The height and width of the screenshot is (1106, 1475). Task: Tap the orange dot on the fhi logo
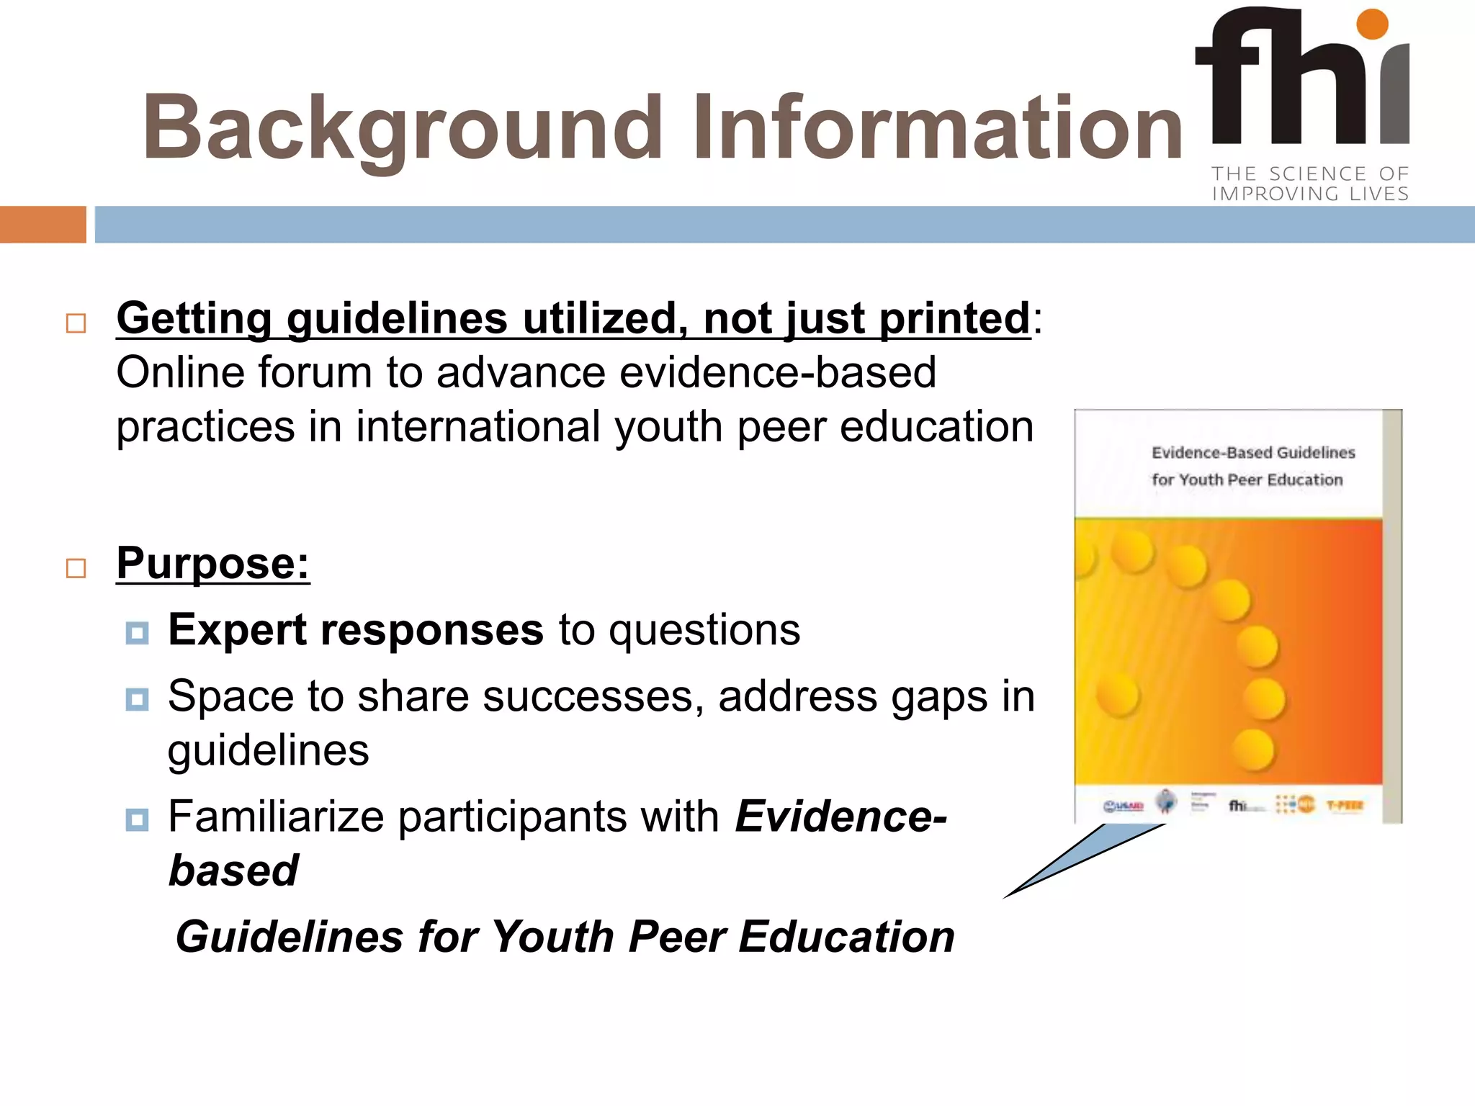pos(1371,24)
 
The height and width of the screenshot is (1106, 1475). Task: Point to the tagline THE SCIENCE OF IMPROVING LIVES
pos(1309,184)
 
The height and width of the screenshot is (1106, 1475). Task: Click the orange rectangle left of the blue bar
pos(42,225)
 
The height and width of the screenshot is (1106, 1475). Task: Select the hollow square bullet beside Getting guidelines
pos(76,323)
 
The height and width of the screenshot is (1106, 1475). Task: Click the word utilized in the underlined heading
pos(604,318)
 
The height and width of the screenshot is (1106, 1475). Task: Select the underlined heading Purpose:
pos(213,563)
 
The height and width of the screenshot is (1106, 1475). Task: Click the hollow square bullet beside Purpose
pos(76,568)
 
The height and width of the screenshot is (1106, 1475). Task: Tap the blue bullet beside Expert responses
pos(137,633)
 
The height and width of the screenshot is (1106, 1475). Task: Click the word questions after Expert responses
pos(704,630)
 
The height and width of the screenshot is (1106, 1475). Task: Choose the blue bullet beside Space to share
pos(137,699)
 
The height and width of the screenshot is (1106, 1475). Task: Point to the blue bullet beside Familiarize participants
pos(137,819)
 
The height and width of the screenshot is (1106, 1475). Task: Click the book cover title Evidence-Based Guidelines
pos(1253,453)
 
